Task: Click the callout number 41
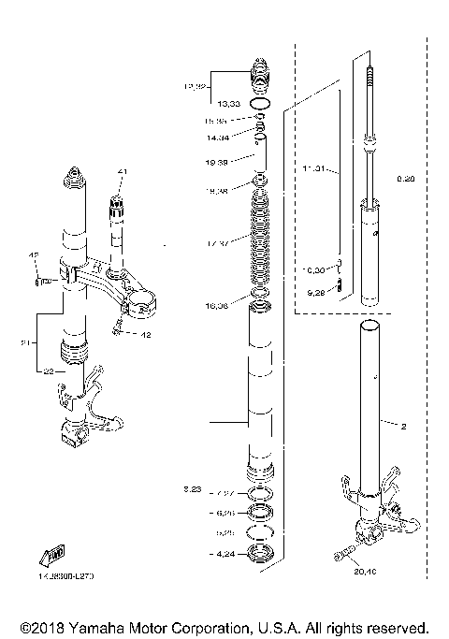point(120,172)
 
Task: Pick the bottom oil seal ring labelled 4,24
point(262,552)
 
